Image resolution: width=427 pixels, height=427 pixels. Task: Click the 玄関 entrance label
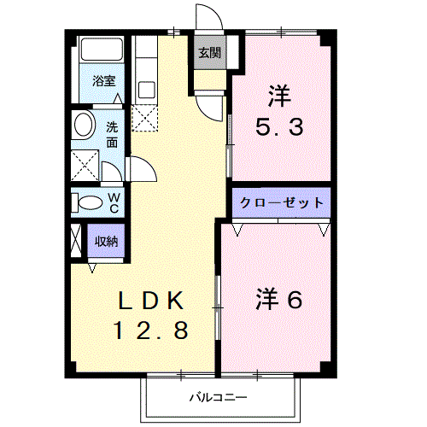coord(210,53)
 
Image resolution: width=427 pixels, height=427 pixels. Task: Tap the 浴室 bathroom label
coord(103,84)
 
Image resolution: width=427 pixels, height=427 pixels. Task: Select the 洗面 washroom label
coord(113,134)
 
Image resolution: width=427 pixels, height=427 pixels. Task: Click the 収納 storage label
coord(106,240)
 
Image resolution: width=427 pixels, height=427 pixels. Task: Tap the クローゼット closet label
coord(279,203)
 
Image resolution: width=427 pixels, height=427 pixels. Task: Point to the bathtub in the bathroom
coord(103,50)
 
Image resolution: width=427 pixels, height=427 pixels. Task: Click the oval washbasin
coord(83,126)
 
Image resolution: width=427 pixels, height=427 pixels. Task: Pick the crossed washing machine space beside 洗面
coord(84,162)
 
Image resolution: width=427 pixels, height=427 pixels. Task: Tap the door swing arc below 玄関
coord(208,108)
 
